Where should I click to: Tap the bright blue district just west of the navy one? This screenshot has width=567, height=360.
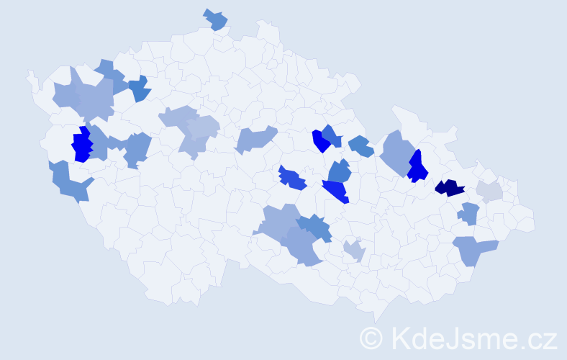417,167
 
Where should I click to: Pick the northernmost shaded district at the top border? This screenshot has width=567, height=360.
215,19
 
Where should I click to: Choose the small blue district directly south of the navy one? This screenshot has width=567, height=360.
469,213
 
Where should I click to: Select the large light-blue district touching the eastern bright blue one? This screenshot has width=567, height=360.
395,150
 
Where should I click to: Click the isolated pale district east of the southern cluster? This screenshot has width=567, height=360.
354,251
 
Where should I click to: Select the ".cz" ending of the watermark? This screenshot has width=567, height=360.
540,338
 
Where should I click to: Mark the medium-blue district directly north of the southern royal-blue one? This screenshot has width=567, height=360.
339,171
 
